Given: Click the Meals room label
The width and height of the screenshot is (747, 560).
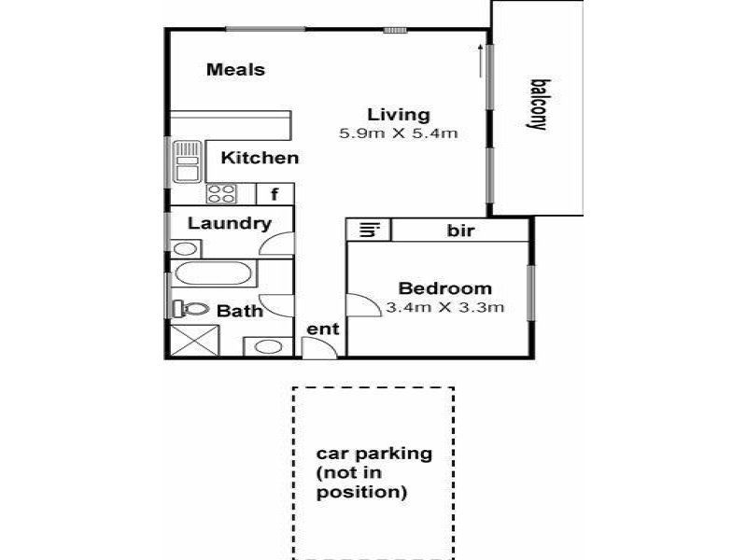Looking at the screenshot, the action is point(235,69).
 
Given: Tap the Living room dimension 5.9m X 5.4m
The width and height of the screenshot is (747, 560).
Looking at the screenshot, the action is point(399,133).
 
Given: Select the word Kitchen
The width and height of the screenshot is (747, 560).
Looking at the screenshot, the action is point(260,158).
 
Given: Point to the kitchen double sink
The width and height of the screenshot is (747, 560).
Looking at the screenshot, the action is point(187,161).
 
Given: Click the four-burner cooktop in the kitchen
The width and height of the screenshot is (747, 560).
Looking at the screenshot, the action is point(221,194).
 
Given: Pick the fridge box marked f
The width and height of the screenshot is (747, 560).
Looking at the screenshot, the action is point(275,194).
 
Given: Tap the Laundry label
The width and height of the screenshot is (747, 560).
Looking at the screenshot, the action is point(230,223).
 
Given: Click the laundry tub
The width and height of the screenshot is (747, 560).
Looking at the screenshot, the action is point(186,248).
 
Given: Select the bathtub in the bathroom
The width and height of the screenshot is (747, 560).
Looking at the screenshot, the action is point(214,273).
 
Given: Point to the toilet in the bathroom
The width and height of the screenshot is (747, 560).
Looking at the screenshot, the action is point(190,309).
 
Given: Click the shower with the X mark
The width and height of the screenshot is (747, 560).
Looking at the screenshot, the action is point(194,340).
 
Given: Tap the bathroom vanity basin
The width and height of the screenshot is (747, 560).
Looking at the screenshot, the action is point(268,346).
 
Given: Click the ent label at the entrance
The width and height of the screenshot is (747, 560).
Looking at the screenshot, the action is point(322,329).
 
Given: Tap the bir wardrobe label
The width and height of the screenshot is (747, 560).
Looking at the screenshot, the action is point(460,231).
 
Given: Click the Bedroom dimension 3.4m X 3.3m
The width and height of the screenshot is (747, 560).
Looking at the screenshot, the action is point(445,307).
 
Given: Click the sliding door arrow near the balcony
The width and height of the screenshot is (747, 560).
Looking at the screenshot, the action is point(480,61).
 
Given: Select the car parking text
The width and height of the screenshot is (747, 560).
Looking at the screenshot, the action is point(374,472).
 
